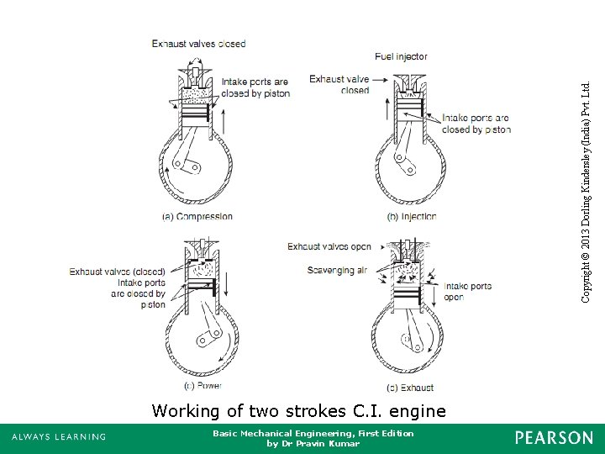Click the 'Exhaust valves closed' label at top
click(198, 44)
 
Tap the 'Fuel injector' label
click(401, 56)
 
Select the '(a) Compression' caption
click(197, 216)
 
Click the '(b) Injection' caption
click(411, 216)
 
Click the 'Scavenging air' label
click(337, 271)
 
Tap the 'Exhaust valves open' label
click(329, 247)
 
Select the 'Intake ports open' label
click(467, 292)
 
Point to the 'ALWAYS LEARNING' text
click(59, 437)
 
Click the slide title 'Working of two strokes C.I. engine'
click(299, 411)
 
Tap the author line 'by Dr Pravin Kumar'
click(313, 443)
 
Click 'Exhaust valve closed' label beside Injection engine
click(339, 85)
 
